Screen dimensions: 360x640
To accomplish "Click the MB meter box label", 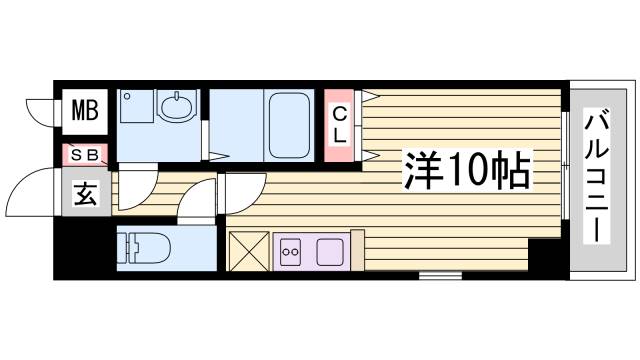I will coord(85,109).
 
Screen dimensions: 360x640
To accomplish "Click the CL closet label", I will coord(340,125).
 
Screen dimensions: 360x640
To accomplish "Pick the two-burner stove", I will coord(291,250).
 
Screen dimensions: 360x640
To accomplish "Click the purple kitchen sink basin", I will coord(330,250).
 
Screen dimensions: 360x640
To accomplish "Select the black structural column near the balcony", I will coord(547,257).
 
